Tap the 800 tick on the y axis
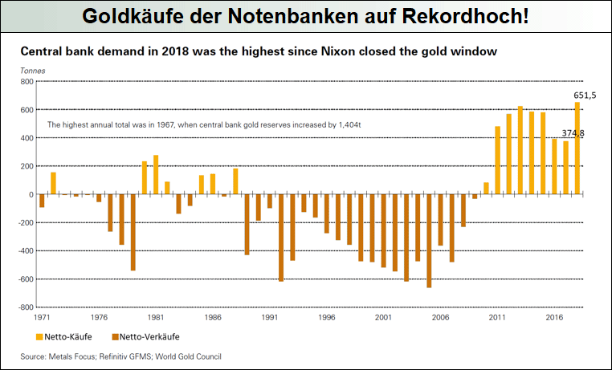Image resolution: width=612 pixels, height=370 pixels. tap(25, 82)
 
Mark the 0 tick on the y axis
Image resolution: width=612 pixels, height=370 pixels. tap(29, 195)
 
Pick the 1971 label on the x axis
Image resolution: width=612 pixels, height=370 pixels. tap(43, 318)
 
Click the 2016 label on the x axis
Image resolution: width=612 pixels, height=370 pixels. tap(554, 318)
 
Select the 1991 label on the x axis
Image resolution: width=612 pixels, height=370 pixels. tap(270, 318)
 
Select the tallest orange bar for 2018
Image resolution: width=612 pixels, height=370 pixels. tap(577, 148)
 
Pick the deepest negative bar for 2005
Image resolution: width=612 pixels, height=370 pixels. tap(429, 241)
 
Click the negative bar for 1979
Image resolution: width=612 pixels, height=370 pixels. tap(133, 232)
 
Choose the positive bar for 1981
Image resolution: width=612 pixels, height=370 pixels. tap(156, 175)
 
